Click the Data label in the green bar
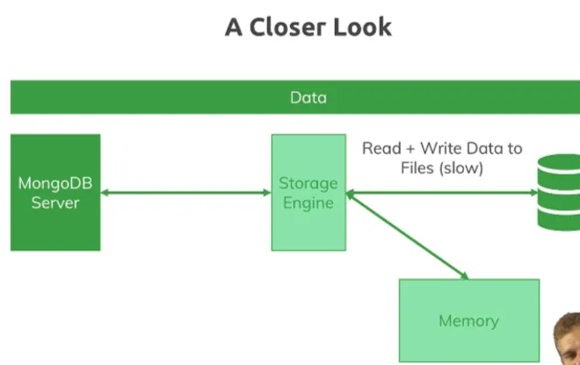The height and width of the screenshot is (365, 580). (308, 97)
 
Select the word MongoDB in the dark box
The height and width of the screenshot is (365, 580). (55, 184)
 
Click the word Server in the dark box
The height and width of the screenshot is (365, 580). (55, 203)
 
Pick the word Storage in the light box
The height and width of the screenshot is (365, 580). (308, 183)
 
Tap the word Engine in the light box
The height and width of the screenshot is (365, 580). (308, 203)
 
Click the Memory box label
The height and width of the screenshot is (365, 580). (468, 321)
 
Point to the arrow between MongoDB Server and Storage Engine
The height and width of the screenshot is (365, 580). (185, 193)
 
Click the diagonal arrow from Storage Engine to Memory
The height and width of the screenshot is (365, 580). (407, 236)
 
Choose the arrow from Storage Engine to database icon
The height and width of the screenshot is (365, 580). (439, 193)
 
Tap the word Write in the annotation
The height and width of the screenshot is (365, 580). (443, 148)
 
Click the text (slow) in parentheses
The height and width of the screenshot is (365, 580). (460, 167)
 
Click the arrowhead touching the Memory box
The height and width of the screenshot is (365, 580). (463, 275)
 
